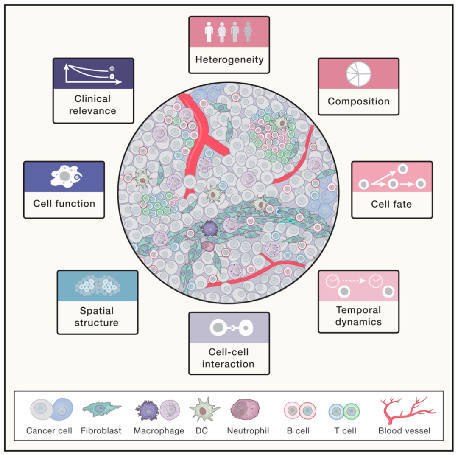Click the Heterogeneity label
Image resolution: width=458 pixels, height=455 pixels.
[x=229, y=59]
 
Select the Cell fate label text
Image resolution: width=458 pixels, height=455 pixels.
[x=391, y=204]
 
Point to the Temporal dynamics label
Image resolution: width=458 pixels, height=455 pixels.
[x=358, y=316]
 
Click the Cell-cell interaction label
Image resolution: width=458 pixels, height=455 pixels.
[x=229, y=358]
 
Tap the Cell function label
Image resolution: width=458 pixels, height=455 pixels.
[x=64, y=204]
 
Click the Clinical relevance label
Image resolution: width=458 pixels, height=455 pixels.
[x=93, y=105]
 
